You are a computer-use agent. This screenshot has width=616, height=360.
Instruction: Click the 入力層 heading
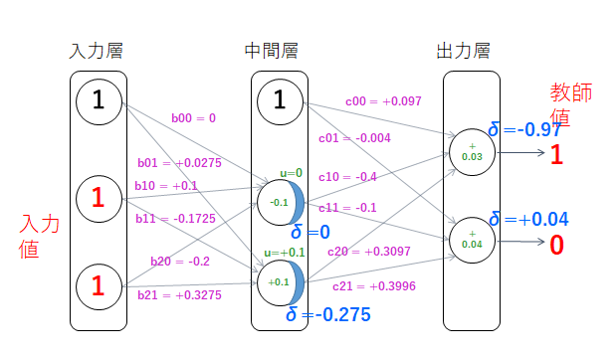[x=97, y=50]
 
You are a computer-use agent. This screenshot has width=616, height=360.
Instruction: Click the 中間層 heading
[x=271, y=50]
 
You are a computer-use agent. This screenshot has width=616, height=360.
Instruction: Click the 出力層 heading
[x=463, y=50]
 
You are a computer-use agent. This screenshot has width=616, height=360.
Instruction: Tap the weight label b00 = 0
[x=193, y=117]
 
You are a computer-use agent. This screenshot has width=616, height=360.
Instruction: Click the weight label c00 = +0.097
[x=384, y=100]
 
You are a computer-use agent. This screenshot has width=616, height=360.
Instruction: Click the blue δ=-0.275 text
[x=327, y=315]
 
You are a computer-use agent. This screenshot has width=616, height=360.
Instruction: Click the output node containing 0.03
[x=472, y=150]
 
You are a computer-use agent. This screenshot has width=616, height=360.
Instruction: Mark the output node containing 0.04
[x=472, y=238]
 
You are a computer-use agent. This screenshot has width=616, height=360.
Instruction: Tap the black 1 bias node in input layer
[x=97, y=99]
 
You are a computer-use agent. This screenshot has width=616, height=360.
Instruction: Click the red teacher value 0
[x=556, y=244]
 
